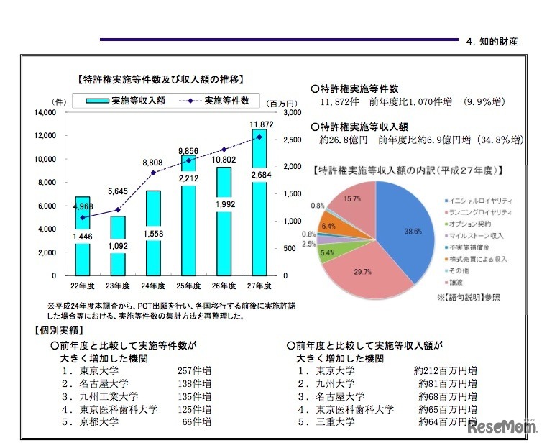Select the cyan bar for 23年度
[x=118, y=248]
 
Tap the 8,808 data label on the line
[x=153, y=163]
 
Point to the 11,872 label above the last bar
[x=262, y=124]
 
